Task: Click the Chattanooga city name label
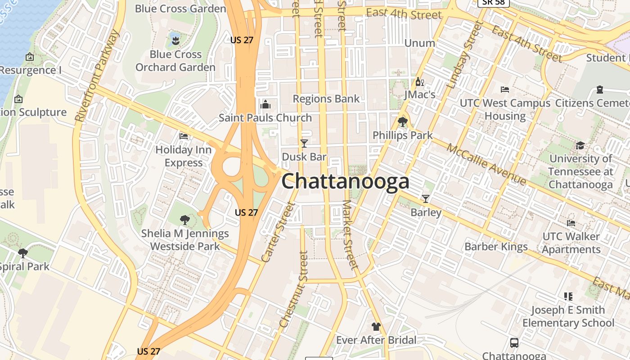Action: pos(345,181)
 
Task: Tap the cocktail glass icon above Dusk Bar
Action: pos(304,143)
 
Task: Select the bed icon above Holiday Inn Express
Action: pos(184,135)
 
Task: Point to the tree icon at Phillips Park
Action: pos(403,121)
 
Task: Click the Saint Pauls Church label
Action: pos(265,118)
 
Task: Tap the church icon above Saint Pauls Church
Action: pos(265,105)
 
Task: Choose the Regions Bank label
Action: pos(326,99)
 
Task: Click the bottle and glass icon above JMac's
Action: pos(419,82)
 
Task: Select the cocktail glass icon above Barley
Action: pos(426,198)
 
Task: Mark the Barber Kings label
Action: pos(496,247)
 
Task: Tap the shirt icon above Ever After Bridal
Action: pos(376,327)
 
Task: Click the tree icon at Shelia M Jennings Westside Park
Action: pos(184,220)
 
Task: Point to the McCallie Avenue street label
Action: pos(486,165)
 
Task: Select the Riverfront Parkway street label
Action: pos(97,76)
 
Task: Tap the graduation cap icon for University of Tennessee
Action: pos(580,145)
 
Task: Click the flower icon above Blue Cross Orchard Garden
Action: pos(175,41)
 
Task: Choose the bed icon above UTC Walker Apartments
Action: pos(571,223)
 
